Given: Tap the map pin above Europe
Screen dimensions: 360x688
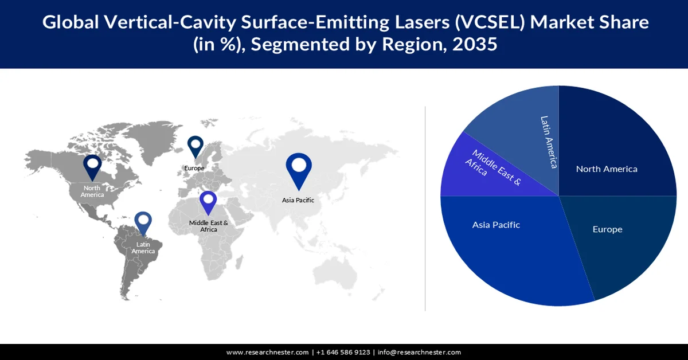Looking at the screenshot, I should point(196,146).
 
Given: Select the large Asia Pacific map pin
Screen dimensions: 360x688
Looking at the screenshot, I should point(298,170).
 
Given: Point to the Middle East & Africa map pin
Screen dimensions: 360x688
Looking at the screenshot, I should point(209,204).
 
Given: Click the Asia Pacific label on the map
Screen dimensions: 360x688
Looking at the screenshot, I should point(298,200).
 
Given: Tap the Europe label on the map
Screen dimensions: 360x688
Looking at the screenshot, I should point(194,168).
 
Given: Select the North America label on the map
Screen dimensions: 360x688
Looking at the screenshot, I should point(92,191).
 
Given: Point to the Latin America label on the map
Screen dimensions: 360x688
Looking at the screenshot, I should point(143,248).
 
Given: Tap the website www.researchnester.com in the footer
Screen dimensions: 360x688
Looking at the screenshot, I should point(268,352).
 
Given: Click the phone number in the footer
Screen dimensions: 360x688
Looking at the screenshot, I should point(342,352).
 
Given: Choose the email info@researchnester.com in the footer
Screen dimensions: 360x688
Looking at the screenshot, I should point(419,352).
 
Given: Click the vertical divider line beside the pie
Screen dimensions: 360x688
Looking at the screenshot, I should point(425,206).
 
